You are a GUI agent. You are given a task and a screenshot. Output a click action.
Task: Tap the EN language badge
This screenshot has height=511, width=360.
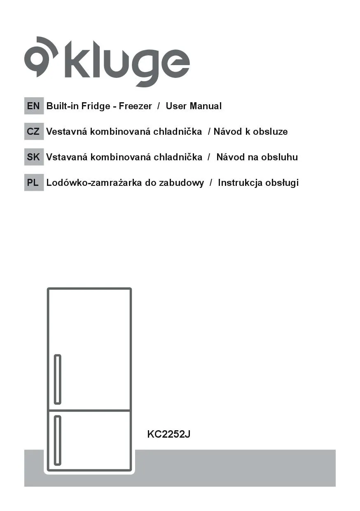[x=33, y=106]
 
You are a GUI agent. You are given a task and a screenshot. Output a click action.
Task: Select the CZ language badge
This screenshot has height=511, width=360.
[x=33, y=131]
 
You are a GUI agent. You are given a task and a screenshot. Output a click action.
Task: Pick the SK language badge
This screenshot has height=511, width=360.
[x=33, y=157]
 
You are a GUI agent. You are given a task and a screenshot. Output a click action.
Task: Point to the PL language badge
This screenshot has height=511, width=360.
[x=33, y=183]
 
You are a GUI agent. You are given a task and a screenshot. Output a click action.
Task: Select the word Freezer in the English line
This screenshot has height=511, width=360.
[x=135, y=106]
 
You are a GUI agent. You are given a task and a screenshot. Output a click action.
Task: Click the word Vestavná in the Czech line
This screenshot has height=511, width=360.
[x=66, y=131]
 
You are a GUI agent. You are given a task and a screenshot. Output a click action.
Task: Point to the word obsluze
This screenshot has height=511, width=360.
[x=270, y=131]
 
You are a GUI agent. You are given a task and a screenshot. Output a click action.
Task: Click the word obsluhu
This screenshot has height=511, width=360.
[x=279, y=157]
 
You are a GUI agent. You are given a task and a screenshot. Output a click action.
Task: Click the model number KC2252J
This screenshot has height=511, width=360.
[x=168, y=434]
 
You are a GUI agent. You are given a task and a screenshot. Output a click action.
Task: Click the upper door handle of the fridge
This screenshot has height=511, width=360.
[x=58, y=379]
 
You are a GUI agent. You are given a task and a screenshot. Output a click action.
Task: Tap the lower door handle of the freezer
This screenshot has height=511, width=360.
[x=58, y=440]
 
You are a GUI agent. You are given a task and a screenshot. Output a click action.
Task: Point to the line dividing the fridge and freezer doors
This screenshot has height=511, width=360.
[x=89, y=410]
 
